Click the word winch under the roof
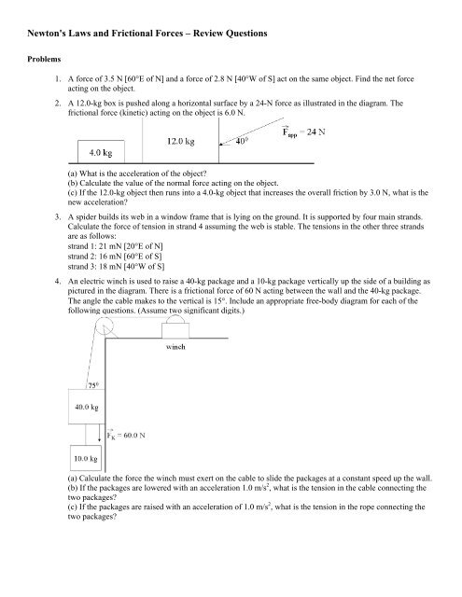180,351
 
